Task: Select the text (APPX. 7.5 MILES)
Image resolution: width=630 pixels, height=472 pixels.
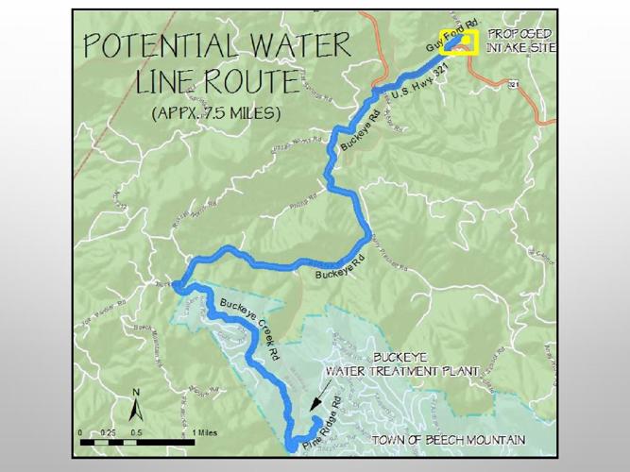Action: pyautogui.click(x=215, y=113)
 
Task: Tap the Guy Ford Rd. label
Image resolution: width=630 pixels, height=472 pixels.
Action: pyautogui.click(x=444, y=38)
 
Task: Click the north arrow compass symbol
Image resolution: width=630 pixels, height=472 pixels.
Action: pyautogui.click(x=135, y=407)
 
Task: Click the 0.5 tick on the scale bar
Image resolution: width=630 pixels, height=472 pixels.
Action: pyautogui.click(x=137, y=432)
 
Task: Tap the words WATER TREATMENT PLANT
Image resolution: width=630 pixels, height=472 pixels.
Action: pyautogui.click(x=403, y=371)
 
